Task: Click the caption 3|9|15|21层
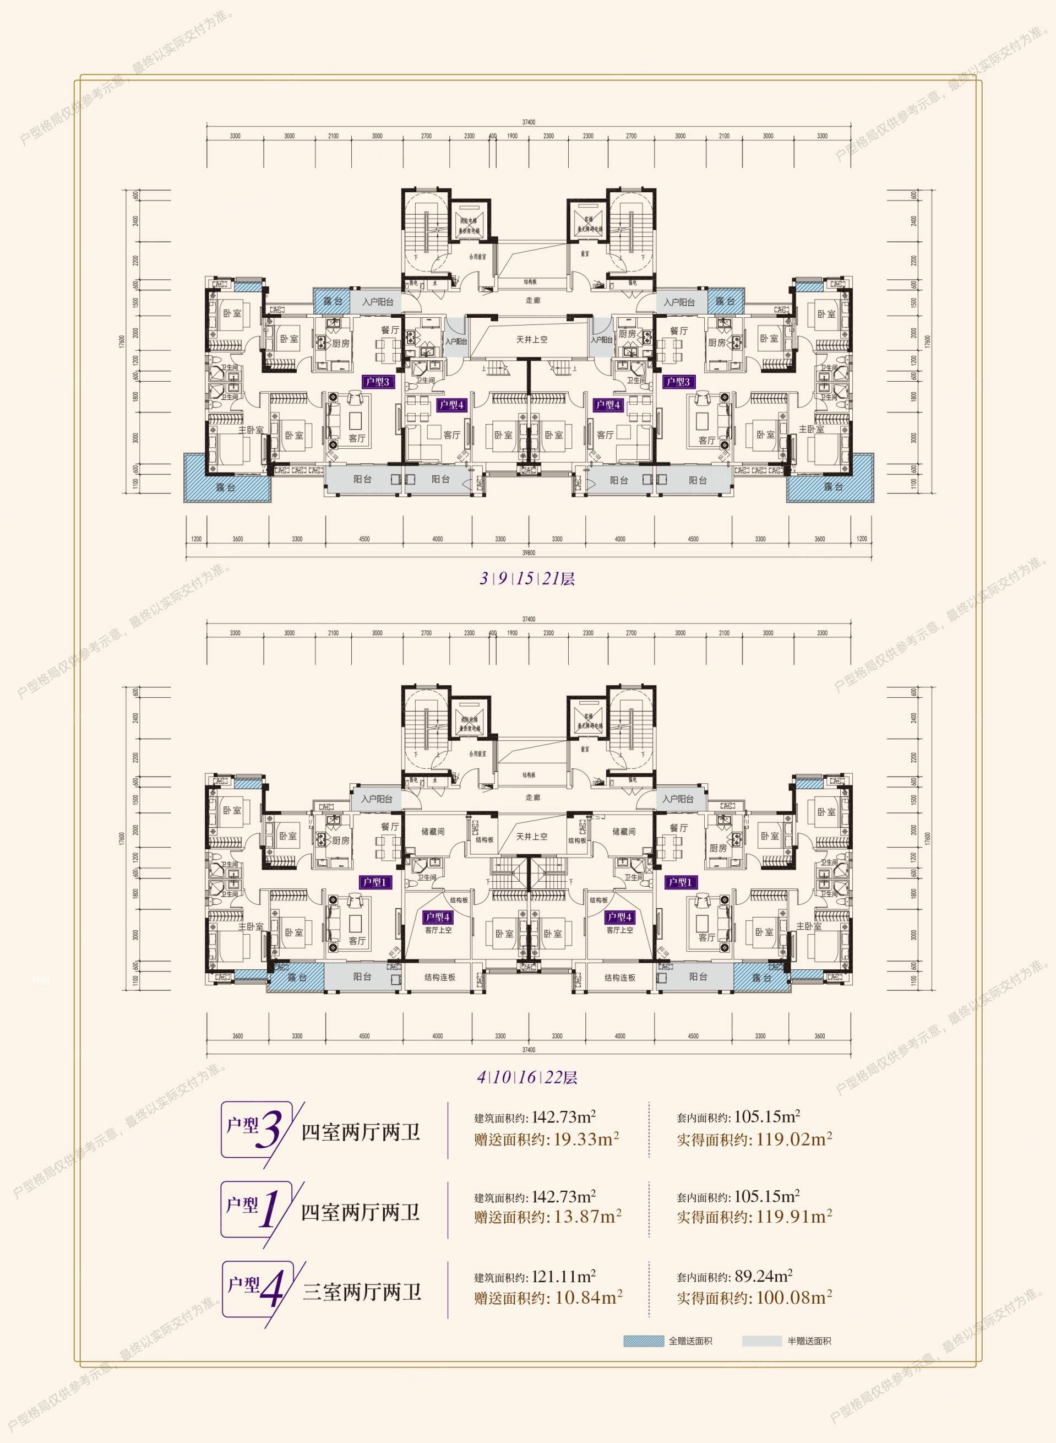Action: [x=528, y=579]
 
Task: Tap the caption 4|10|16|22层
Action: [x=528, y=1077]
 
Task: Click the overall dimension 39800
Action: [x=528, y=552]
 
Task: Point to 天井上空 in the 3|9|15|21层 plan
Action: [x=532, y=340]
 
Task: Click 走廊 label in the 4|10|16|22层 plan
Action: [x=532, y=798]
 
